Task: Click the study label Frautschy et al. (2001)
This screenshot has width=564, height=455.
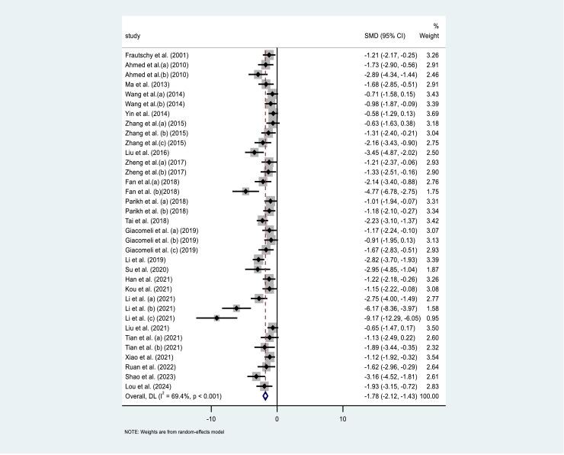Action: pos(156,56)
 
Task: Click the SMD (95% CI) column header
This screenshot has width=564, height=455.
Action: pos(387,36)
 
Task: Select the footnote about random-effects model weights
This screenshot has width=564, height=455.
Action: pos(175,432)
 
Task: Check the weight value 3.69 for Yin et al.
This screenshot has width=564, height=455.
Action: pos(431,114)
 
